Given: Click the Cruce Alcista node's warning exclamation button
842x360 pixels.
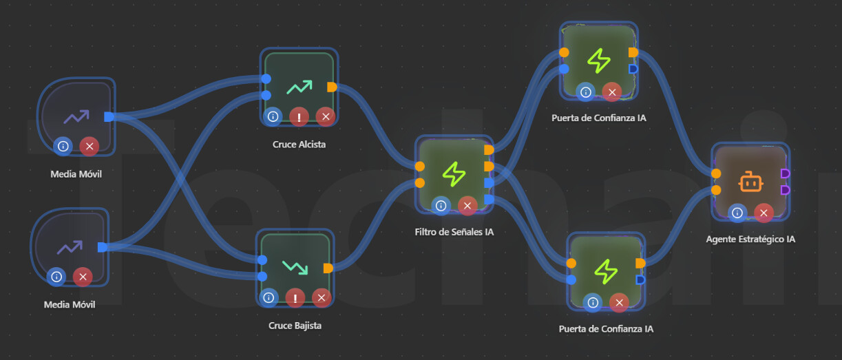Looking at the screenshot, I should click(x=299, y=116).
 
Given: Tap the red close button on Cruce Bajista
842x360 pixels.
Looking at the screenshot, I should click(x=321, y=298).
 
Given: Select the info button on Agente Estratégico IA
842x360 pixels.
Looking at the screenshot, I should click(x=737, y=213).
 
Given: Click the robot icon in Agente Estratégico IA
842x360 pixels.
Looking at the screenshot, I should click(x=750, y=182).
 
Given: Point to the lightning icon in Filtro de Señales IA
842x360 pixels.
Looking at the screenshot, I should click(x=454, y=173).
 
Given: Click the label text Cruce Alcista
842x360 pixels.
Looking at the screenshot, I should click(x=299, y=145).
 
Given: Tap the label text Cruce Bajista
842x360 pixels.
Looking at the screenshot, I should click(x=295, y=326).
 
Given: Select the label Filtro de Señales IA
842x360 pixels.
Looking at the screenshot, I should click(x=454, y=232).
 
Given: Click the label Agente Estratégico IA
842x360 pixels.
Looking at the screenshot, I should click(x=750, y=240).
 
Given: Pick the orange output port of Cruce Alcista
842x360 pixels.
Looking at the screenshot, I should click(x=332, y=87).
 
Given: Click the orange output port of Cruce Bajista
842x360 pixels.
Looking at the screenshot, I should click(x=328, y=268).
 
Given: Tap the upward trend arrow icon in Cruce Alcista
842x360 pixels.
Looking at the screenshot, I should click(x=299, y=87).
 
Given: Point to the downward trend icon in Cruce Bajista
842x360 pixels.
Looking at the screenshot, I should click(x=295, y=266).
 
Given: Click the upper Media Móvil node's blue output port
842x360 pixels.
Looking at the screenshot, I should click(x=109, y=116).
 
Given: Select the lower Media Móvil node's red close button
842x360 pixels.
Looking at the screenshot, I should click(x=83, y=277).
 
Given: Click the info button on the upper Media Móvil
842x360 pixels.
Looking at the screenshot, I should click(x=63, y=146).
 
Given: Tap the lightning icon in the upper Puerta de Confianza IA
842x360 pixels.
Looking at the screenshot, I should click(x=598, y=61).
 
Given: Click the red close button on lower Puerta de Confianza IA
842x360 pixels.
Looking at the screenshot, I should click(x=619, y=302).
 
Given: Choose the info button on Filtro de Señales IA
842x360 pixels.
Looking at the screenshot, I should click(x=441, y=205).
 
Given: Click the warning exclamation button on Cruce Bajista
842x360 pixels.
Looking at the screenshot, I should click(x=295, y=298).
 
